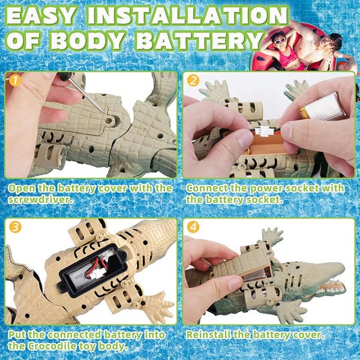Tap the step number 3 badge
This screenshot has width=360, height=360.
(14, 227)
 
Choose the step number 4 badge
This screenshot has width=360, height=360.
(193, 227)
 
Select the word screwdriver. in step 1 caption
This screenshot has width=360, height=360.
(43, 199)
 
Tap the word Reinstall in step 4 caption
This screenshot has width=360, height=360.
(211, 335)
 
